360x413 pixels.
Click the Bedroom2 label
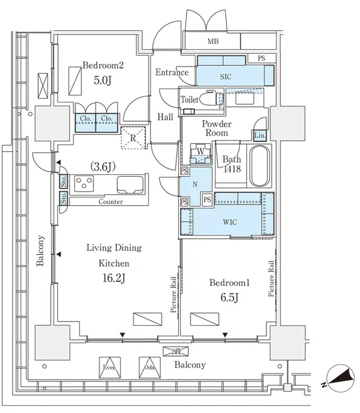pyautogui.click(x=103, y=65)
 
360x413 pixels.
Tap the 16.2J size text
pyautogui.click(x=114, y=277)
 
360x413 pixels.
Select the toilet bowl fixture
pyautogui.click(x=212, y=99)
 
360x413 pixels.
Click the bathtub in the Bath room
pyautogui.click(x=259, y=166)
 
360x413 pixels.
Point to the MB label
pyautogui.click(x=213, y=41)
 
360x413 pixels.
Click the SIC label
pyautogui.click(x=226, y=77)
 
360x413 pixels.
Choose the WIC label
pyautogui.click(x=230, y=222)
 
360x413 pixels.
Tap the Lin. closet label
pyautogui.click(x=259, y=136)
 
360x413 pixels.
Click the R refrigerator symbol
pyautogui.click(x=134, y=137)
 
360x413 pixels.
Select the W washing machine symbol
pyautogui.click(x=201, y=153)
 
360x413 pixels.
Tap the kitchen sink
pyautogui.click(x=130, y=185)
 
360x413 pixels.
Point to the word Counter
pyautogui.click(x=110, y=202)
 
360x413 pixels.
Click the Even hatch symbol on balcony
pyautogui.click(x=110, y=367)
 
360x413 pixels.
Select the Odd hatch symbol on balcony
pyautogui.click(x=150, y=367)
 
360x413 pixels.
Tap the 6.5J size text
pyautogui.click(x=229, y=297)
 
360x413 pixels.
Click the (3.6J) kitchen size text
pyautogui.click(x=103, y=166)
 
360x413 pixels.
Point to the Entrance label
pyautogui.click(x=172, y=72)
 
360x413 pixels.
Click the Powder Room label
pyautogui.click(x=217, y=128)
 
